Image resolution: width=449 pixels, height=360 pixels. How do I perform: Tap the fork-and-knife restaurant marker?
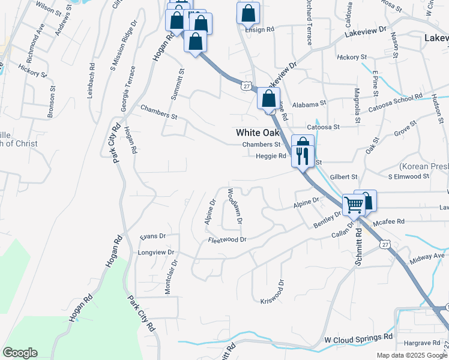click(302, 156)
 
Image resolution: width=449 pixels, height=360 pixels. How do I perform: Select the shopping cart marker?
click(354, 205)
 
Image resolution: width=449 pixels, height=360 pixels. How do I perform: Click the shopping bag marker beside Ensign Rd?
click(248, 13)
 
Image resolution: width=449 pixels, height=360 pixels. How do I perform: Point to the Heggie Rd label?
click(271, 156)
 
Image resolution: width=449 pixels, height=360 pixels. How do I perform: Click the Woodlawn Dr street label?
click(234, 206)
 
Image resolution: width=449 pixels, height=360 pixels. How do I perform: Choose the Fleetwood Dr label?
click(228, 240)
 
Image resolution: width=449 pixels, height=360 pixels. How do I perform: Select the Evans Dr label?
click(152, 236)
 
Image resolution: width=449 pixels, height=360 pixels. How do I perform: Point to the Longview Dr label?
click(156, 253)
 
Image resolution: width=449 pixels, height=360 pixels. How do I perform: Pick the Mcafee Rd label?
click(389, 222)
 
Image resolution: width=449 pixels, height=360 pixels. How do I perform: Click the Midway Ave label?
click(427, 256)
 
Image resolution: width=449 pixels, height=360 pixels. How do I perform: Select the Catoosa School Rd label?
click(409, 100)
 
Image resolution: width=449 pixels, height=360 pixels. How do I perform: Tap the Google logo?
click(20, 353)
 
